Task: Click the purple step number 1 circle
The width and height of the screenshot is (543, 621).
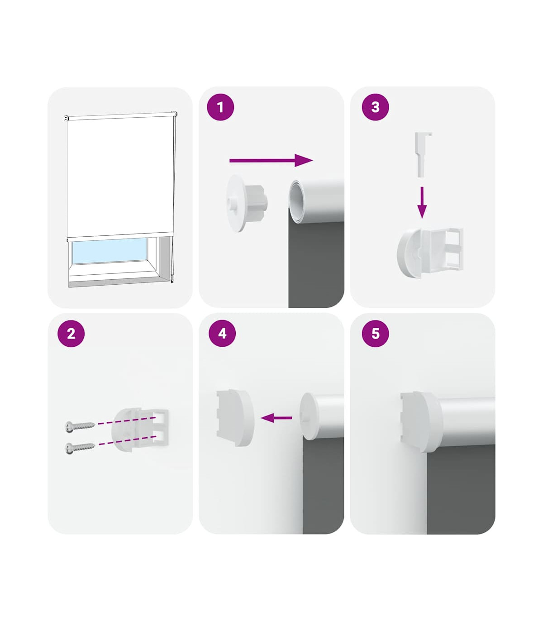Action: click(220, 107)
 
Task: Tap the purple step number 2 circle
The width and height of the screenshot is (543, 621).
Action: click(71, 334)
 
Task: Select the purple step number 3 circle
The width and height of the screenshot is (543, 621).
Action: click(375, 107)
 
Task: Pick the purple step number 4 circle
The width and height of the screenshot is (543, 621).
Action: click(222, 334)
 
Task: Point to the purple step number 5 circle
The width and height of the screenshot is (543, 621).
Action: click(375, 334)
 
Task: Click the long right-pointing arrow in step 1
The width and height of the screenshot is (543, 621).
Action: click(271, 160)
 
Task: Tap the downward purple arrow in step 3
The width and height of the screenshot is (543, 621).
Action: click(422, 202)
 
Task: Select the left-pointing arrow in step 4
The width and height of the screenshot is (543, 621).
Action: click(276, 418)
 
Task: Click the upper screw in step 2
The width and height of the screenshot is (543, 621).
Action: click(80, 426)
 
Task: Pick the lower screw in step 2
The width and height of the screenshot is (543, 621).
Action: click(80, 447)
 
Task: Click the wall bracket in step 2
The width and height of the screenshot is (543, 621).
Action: click(140, 429)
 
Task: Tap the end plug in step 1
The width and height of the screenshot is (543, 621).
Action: click(246, 203)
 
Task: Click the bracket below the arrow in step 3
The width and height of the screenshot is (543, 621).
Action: click(430, 253)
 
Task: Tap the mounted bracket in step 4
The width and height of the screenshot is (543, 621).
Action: click(235, 418)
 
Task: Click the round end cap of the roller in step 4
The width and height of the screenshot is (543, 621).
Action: click(309, 416)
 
